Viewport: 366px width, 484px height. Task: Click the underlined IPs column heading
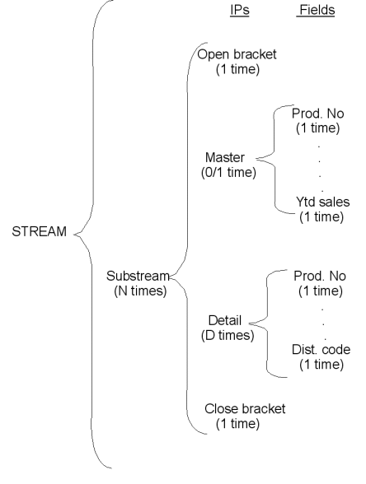240,10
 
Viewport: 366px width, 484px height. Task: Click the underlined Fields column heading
316,10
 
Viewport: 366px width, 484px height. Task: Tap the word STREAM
40,231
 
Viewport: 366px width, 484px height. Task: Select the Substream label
138,276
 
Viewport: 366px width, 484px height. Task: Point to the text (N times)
140,291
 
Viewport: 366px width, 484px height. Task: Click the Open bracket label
237,54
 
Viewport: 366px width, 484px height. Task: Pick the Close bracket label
245,408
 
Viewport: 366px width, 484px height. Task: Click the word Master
225,157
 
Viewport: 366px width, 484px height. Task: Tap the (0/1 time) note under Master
228,172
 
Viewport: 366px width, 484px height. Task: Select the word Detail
225,320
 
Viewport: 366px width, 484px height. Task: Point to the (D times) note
228,335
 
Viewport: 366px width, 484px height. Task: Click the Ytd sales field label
323,202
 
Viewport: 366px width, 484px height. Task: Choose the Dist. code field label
321,349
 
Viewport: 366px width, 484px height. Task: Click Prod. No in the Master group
318,114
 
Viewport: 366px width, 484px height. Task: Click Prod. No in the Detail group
320,276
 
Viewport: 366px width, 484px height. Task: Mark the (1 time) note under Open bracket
237,69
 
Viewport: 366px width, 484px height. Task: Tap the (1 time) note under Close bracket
237,423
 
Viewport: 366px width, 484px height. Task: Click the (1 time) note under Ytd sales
321,216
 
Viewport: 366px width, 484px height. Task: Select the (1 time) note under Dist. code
321,364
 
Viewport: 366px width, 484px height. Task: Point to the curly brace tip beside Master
256,159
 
